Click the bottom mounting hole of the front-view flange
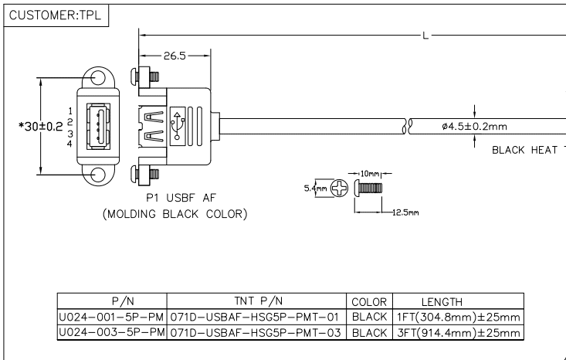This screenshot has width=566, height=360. [x=98, y=176]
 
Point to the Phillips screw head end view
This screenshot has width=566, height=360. [x=339, y=188]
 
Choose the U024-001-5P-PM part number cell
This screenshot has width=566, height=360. [x=111, y=316]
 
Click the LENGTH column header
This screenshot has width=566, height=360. [x=441, y=301]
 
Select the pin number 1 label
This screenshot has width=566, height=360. [x=70, y=111]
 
